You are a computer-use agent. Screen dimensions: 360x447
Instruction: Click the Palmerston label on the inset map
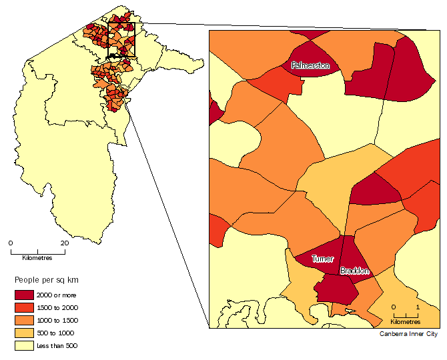pos(310,65)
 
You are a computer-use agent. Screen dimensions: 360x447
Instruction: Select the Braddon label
pos(354,271)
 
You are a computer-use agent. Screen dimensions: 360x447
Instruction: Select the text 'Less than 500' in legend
pos(57,346)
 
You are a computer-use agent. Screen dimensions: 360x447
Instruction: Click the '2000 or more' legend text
pos(56,295)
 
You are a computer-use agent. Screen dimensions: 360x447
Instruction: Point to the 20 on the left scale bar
pos(64,243)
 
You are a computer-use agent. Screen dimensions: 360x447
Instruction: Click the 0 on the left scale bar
pos(11,243)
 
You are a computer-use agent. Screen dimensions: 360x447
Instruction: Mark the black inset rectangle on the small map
pos(121,39)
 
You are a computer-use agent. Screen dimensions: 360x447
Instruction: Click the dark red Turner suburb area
pos(319,251)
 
